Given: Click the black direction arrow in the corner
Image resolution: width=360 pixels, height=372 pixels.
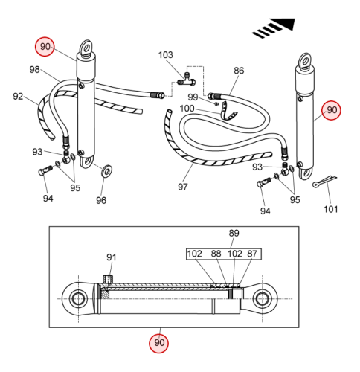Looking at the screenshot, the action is [274, 28].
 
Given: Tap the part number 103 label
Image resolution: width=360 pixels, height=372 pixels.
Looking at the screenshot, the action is [165, 55].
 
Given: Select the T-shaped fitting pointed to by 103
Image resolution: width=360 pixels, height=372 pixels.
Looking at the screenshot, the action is [187, 80].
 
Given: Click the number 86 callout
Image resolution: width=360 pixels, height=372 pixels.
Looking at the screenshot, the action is [239, 71].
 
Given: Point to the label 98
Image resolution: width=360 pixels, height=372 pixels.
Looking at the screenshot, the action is [34, 69].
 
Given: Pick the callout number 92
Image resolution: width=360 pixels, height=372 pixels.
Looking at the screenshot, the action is [18, 96].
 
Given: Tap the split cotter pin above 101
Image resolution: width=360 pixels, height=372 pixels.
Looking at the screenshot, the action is [324, 181].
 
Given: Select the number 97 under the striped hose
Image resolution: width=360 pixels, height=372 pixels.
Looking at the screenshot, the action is [183, 187].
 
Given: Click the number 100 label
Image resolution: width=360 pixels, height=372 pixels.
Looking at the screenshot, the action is [187, 109].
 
